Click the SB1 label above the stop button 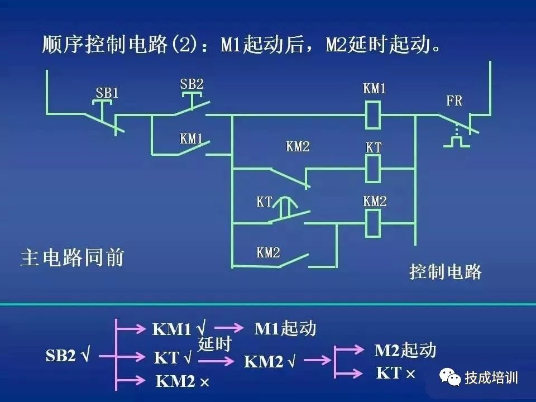(x=107, y=93)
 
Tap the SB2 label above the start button (x=192, y=84)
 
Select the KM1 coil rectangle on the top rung (x=372, y=115)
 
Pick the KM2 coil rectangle (x=373, y=223)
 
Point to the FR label (x=454, y=102)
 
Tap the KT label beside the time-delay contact (x=264, y=202)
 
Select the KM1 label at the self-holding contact (x=192, y=139)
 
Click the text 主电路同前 (x=72, y=258)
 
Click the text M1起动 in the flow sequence (x=285, y=328)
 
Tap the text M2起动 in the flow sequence (x=405, y=350)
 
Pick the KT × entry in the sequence (x=396, y=373)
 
